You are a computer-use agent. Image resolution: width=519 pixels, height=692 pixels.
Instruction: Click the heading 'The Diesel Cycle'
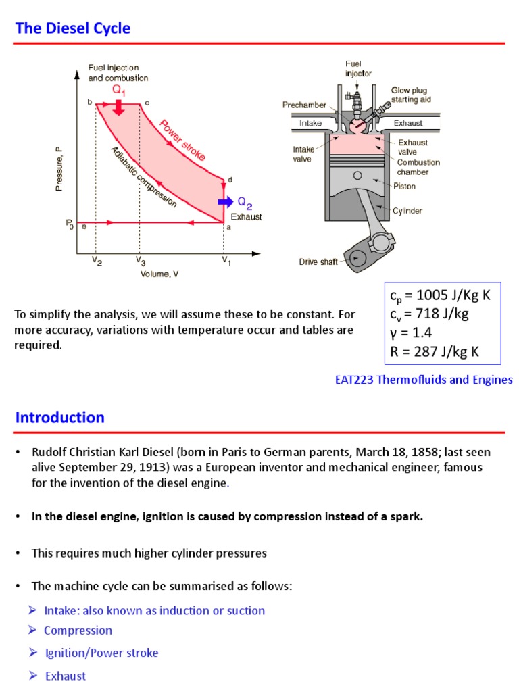click(x=73, y=28)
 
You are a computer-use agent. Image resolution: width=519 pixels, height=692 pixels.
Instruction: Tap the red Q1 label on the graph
click(x=118, y=91)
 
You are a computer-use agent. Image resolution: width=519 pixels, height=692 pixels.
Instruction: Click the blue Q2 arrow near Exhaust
click(x=225, y=201)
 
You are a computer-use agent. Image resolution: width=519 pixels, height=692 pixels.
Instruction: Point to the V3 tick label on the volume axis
click(x=140, y=261)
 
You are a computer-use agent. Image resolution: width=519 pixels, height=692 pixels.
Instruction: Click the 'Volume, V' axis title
click(x=164, y=274)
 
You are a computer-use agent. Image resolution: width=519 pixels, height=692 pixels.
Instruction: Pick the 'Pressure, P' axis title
click(x=59, y=169)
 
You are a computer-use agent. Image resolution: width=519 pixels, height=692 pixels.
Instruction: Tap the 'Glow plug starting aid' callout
click(x=409, y=95)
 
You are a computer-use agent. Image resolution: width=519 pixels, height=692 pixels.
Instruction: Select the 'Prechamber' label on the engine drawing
click(x=304, y=105)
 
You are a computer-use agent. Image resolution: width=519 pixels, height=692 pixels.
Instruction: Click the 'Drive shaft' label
click(x=318, y=262)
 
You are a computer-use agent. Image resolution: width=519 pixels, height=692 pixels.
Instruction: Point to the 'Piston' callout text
click(x=404, y=186)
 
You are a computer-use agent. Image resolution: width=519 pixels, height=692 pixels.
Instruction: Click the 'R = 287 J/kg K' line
click(x=435, y=351)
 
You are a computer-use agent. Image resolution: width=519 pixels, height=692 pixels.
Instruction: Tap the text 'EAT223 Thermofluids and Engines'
click(x=424, y=380)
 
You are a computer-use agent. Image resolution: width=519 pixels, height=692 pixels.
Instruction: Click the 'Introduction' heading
click(x=60, y=418)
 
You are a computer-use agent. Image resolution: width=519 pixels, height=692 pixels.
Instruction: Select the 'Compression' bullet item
click(x=78, y=631)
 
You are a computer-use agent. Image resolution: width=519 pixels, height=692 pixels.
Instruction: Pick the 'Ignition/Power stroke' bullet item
click(x=101, y=653)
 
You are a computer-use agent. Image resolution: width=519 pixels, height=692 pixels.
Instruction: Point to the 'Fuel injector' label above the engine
click(x=358, y=68)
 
